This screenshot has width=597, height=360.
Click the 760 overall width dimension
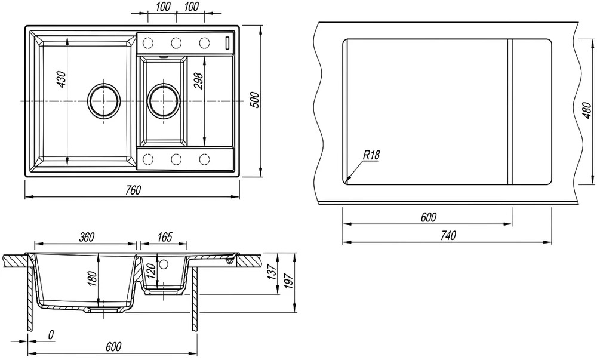133,190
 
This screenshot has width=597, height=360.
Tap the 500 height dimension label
256,100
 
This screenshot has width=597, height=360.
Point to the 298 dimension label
199,81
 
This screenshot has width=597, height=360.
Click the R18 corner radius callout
371,155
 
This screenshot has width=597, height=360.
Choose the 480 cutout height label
587,110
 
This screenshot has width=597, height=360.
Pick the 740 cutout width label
448,236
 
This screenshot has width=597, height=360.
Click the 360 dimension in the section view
87,236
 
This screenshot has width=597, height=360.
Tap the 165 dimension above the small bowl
164,236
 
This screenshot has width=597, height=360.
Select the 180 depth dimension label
93,279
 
